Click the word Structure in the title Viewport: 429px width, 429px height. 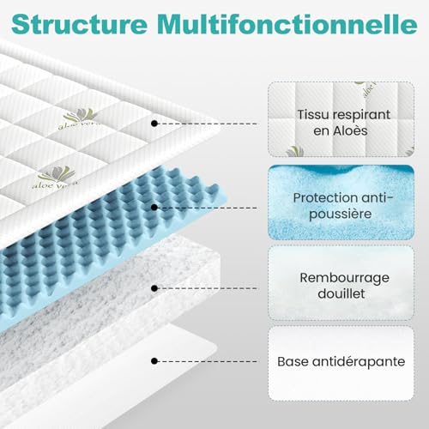click(x=79, y=24)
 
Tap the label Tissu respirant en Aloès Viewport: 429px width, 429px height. click(x=343, y=123)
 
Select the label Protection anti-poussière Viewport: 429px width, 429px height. click(x=343, y=206)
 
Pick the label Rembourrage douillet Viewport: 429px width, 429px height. click(x=344, y=286)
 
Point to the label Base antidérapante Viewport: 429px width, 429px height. click(x=341, y=361)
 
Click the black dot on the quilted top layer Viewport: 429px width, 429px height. click(x=154, y=124)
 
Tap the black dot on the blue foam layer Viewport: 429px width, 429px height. click(x=154, y=208)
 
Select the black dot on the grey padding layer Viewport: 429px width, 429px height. click(x=154, y=288)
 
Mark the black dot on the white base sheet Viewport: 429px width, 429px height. click(x=154, y=361)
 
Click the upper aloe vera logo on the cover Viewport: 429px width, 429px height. click(x=80, y=118)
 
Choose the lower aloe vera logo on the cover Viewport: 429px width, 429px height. click(x=55, y=178)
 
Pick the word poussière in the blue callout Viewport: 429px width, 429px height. click(x=341, y=214)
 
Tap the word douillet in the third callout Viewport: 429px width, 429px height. click(x=341, y=293)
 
